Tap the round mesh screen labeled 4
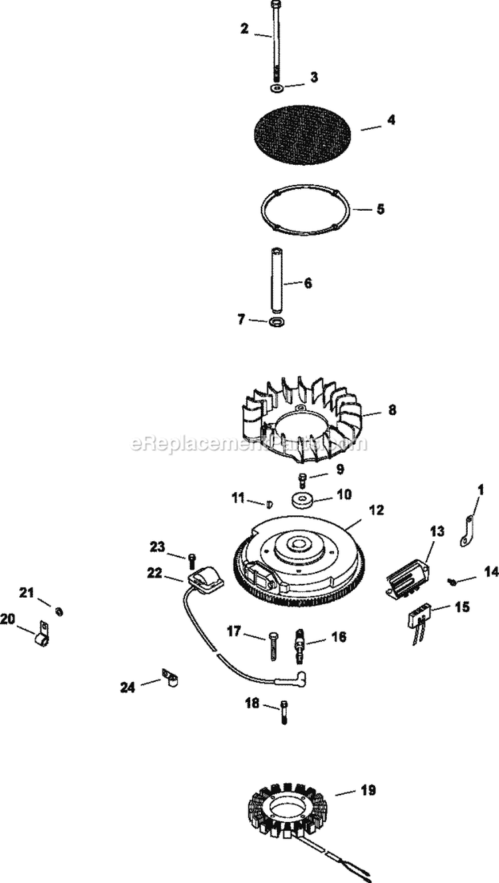click(303, 134)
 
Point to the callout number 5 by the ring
click(380, 209)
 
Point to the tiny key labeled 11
click(270, 503)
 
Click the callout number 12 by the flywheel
click(377, 511)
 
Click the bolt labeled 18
click(285, 710)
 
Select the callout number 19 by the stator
click(367, 791)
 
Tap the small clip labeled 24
click(172, 680)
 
